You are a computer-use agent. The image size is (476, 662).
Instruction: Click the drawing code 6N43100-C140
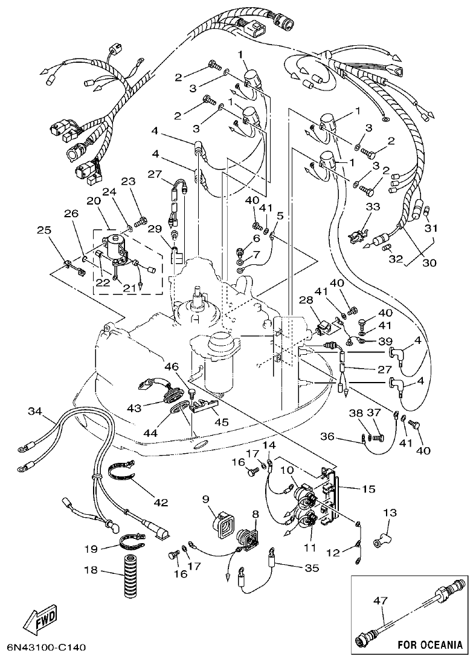pyautogui.click(x=46, y=648)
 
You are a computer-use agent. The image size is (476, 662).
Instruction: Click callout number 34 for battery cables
pyautogui.click(x=36, y=412)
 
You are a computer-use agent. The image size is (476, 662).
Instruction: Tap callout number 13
pyautogui.click(x=389, y=513)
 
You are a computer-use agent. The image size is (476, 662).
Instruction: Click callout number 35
pyautogui.click(x=310, y=567)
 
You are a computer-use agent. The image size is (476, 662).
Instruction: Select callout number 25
pyautogui.click(x=43, y=229)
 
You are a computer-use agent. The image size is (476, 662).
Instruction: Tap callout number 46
pyautogui.click(x=171, y=367)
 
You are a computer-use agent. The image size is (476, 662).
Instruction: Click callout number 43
pyautogui.click(x=133, y=409)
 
